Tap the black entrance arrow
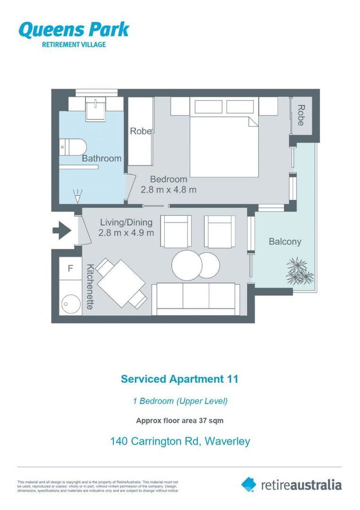point(61,231)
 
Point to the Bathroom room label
point(101,159)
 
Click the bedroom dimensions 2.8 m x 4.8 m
point(168,190)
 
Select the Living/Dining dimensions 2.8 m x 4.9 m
point(126,233)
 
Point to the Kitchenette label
point(90,287)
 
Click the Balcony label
point(285,242)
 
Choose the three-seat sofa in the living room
point(195,298)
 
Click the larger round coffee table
point(186,264)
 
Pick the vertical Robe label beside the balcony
point(301,115)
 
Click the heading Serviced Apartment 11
point(180,379)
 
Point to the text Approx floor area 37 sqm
point(180,420)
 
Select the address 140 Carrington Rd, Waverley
point(180,442)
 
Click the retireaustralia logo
point(291,484)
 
